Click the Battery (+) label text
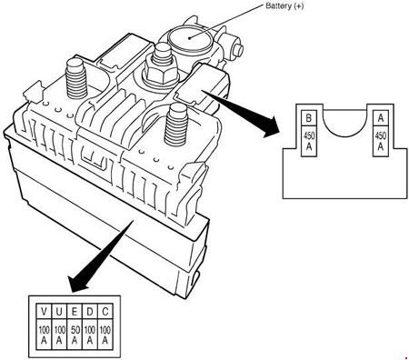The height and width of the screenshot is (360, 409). (284, 5)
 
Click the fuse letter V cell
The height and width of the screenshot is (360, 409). (44, 311)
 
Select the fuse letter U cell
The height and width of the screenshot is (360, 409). (59, 311)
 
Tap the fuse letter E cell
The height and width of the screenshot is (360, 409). (75, 311)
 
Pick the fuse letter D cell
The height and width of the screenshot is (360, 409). (90, 311)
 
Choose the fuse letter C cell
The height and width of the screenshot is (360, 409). (105, 311)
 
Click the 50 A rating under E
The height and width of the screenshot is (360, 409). (75, 335)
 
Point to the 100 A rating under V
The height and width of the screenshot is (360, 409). (44, 335)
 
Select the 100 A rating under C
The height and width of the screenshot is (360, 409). (105, 335)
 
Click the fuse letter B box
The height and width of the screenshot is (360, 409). (309, 118)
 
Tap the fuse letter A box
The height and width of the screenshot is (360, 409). (381, 118)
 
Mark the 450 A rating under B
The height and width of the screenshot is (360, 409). (309, 141)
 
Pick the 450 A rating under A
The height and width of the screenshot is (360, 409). (381, 141)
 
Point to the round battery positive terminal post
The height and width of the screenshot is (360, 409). (190, 38)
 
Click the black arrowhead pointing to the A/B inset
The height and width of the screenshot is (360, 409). (269, 127)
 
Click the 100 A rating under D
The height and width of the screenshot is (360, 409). (90, 335)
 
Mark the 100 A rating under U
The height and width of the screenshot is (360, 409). (59, 335)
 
